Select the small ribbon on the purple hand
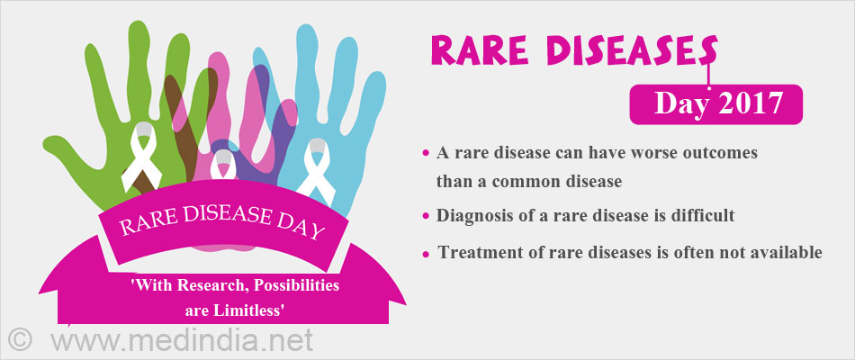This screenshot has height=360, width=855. [222, 164]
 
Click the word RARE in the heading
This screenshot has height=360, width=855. [473, 52]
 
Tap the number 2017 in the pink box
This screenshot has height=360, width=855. [751, 103]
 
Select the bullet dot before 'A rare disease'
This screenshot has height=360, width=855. [426, 154]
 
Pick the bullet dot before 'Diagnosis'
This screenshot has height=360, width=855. [426, 217]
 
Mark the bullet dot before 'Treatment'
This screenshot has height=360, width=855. [426, 254]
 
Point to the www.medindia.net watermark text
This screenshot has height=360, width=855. [182, 338]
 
